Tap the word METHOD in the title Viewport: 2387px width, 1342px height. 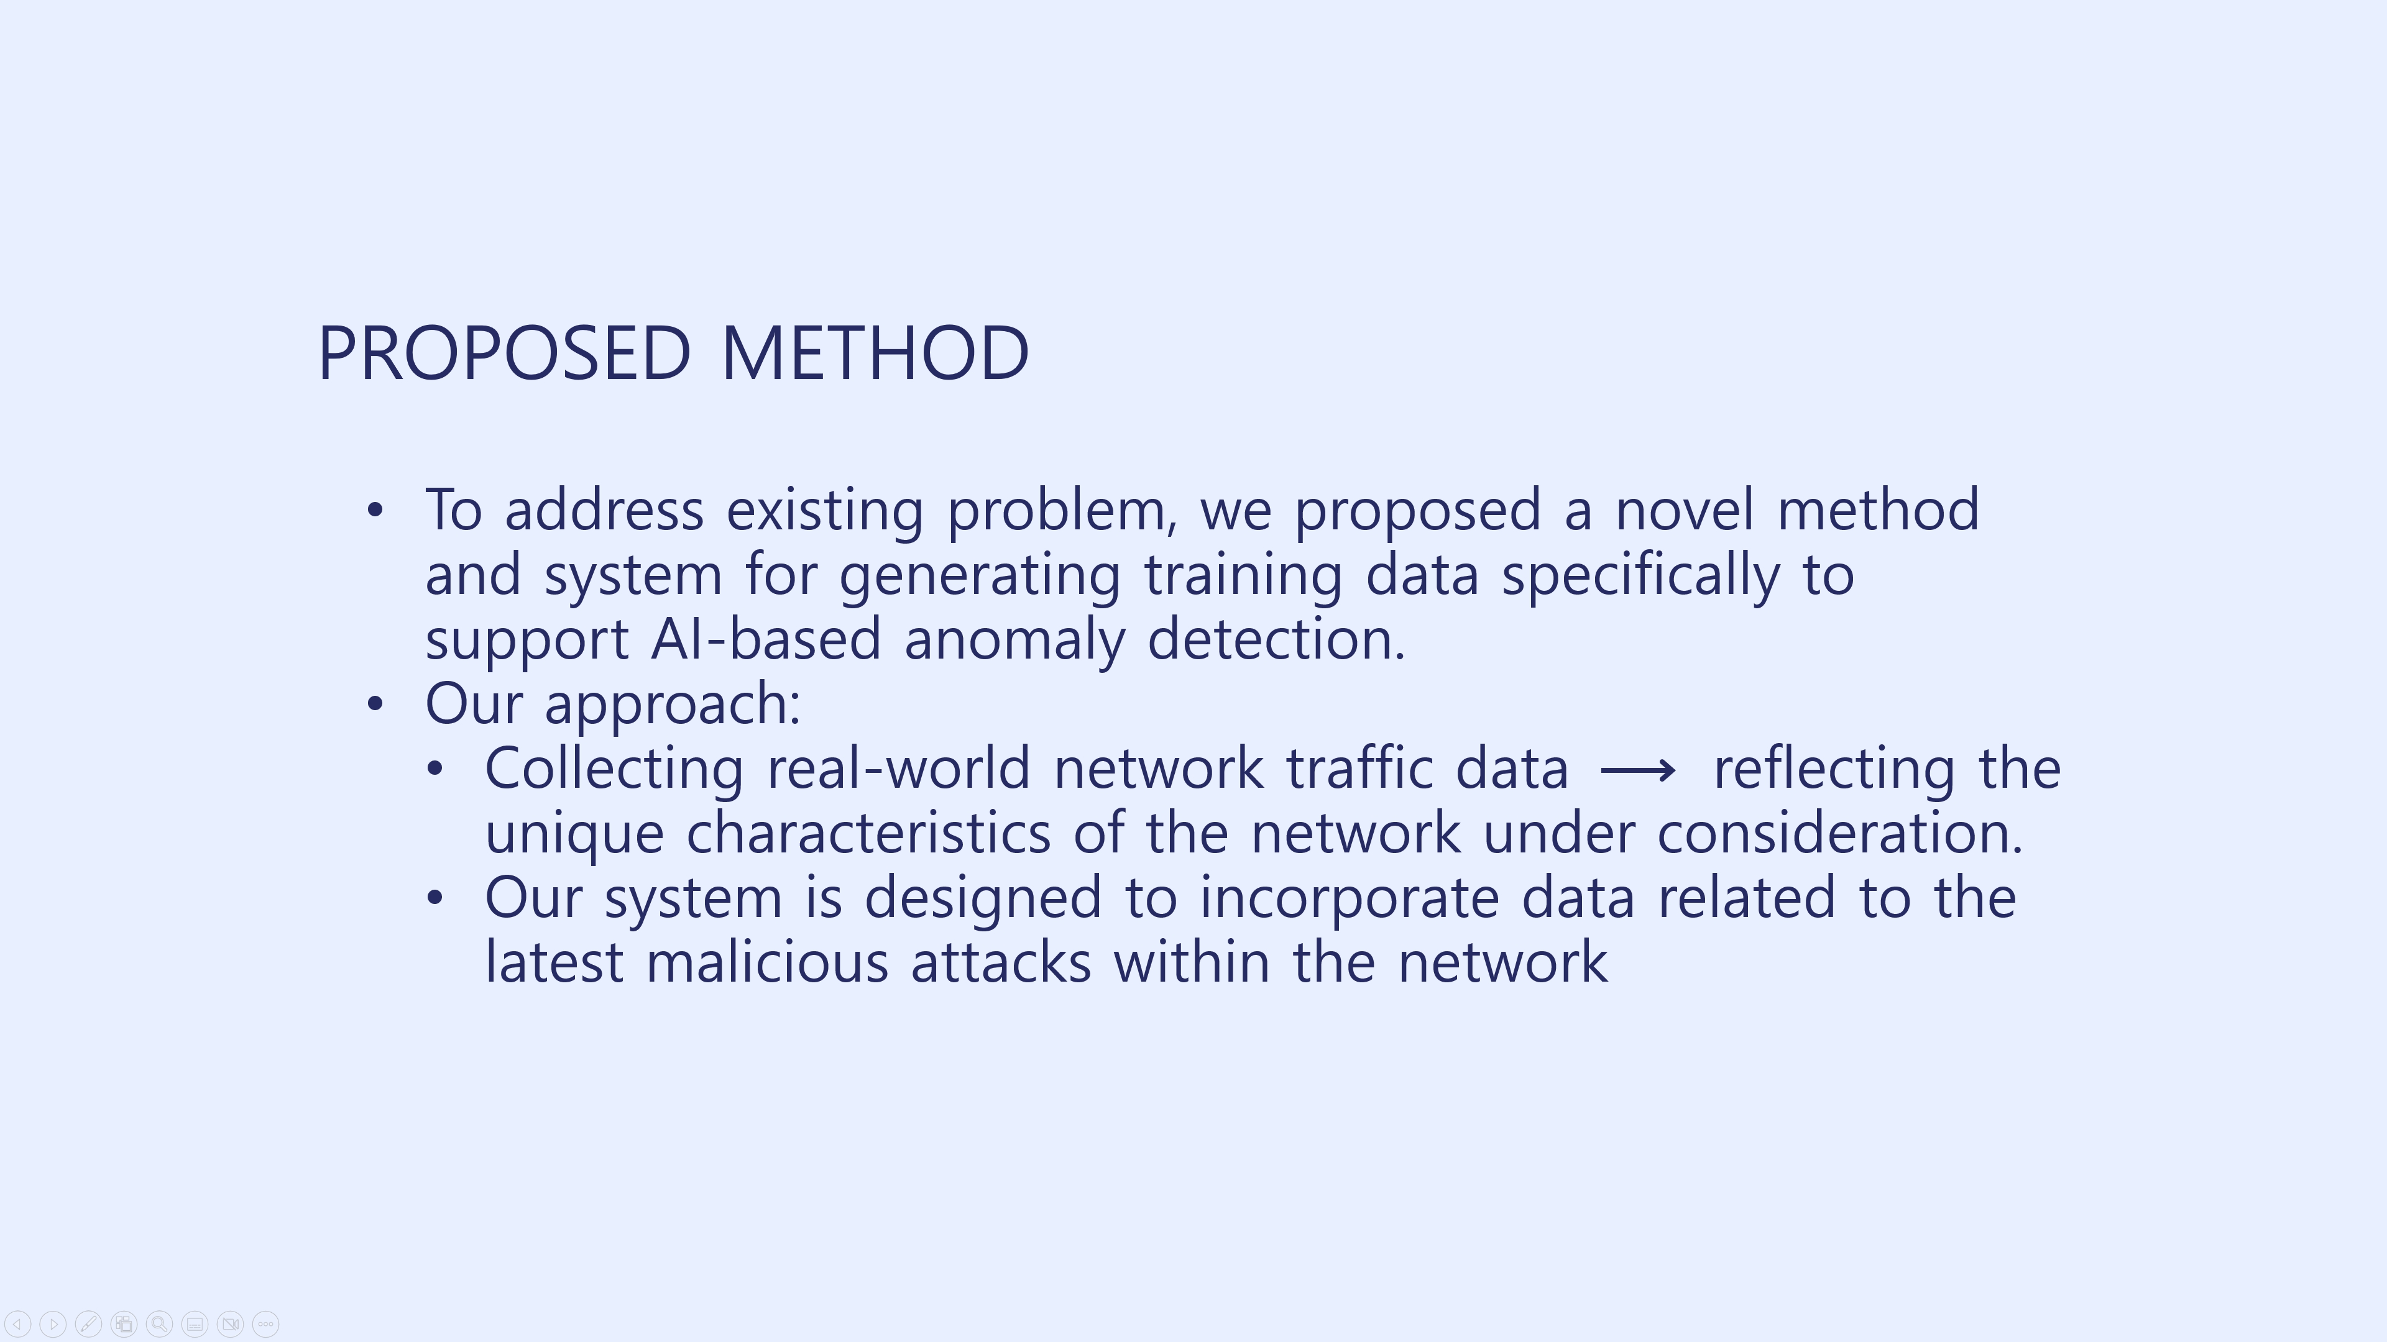coord(874,353)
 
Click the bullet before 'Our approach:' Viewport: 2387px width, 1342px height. coord(374,704)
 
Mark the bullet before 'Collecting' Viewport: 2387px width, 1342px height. coord(435,769)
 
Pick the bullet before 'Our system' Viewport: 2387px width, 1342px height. coord(435,897)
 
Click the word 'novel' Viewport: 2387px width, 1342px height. coord(1684,509)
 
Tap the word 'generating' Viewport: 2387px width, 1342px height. coord(980,576)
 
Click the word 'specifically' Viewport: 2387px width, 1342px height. coord(1640,576)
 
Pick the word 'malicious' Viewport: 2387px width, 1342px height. coord(767,962)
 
